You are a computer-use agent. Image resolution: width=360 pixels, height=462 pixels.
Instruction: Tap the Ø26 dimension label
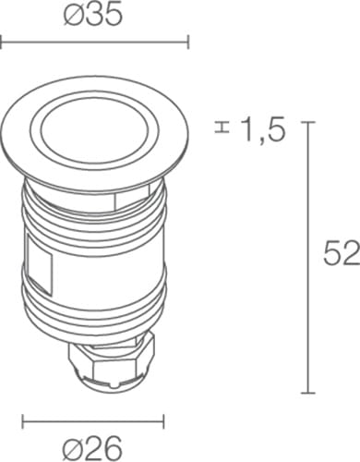[92, 448]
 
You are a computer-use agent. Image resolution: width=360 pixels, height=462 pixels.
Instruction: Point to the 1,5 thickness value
[262, 130]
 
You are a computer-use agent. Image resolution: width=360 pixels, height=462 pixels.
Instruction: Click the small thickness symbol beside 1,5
[222, 128]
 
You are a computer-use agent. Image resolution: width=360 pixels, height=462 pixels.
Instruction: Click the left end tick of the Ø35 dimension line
[1, 42]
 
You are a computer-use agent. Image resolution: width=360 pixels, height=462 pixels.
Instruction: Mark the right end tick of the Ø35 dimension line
[188, 42]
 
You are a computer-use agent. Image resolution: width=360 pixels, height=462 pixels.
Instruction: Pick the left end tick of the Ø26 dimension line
[23, 421]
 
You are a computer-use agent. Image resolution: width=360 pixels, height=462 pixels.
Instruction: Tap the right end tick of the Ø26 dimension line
[163, 421]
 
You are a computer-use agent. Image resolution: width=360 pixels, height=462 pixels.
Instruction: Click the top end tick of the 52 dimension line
[308, 122]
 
